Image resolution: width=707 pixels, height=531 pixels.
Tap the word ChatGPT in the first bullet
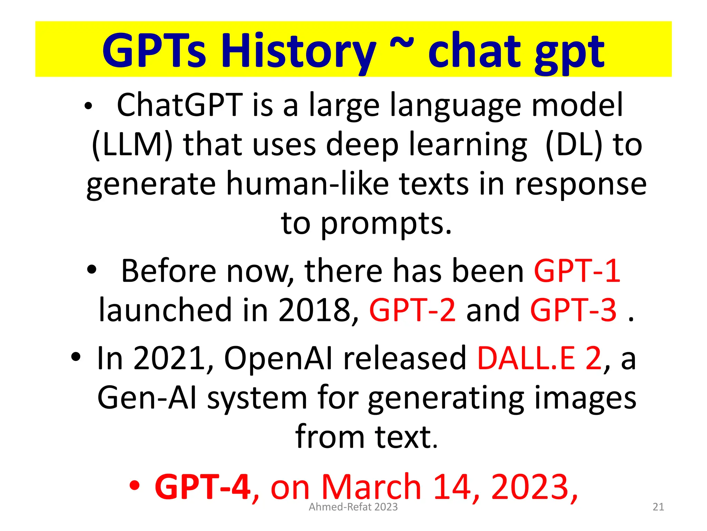[x=180, y=105]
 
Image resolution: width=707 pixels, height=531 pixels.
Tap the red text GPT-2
[x=413, y=310]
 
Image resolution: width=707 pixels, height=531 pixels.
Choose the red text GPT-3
[x=573, y=310]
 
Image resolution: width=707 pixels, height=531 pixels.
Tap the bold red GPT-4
[x=203, y=487]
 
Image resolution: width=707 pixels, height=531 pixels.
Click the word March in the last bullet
[x=371, y=487]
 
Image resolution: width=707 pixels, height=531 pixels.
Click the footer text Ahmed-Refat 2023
[x=353, y=507]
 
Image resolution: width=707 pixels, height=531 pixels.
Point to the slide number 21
[x=658, y=507]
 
